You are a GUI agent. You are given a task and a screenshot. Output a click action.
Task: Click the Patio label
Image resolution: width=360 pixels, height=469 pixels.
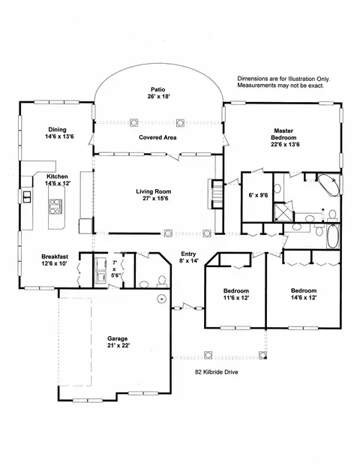157,89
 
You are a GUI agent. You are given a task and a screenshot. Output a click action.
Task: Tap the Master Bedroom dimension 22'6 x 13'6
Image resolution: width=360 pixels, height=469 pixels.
285,145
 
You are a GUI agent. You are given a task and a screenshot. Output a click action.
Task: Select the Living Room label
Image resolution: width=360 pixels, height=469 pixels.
154,191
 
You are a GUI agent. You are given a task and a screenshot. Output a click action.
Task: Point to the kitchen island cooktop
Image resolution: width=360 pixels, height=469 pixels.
56,206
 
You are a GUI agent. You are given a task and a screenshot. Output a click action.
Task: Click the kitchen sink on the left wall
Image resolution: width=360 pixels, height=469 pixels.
27,197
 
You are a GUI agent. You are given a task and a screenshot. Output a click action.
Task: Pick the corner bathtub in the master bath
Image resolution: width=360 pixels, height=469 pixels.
328,185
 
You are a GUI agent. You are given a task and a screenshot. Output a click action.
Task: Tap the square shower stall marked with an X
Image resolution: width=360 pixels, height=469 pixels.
283,212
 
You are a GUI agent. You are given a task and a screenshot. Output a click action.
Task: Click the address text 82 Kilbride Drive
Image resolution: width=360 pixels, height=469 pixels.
217,372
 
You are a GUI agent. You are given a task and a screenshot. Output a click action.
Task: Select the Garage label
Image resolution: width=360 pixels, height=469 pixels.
118,338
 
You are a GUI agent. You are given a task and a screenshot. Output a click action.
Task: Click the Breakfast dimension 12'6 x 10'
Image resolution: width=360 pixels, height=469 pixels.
54,263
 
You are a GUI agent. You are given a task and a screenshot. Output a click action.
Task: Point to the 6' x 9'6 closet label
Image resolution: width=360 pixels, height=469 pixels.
258,195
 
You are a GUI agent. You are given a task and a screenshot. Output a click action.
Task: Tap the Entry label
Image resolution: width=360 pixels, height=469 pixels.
188,254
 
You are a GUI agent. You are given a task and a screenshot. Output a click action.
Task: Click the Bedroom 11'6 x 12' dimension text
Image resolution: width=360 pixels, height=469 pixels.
236,298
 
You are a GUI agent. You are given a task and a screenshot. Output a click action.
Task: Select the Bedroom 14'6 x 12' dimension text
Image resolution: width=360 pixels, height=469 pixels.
304,298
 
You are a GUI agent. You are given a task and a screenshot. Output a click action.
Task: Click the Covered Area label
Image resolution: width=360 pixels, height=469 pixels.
157,137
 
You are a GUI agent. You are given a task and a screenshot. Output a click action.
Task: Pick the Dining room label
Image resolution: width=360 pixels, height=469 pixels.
58,130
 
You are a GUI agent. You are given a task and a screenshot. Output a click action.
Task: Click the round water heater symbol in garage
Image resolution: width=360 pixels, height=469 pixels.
162,299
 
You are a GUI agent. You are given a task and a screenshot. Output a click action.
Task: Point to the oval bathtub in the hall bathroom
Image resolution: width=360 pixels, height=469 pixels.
333,236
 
